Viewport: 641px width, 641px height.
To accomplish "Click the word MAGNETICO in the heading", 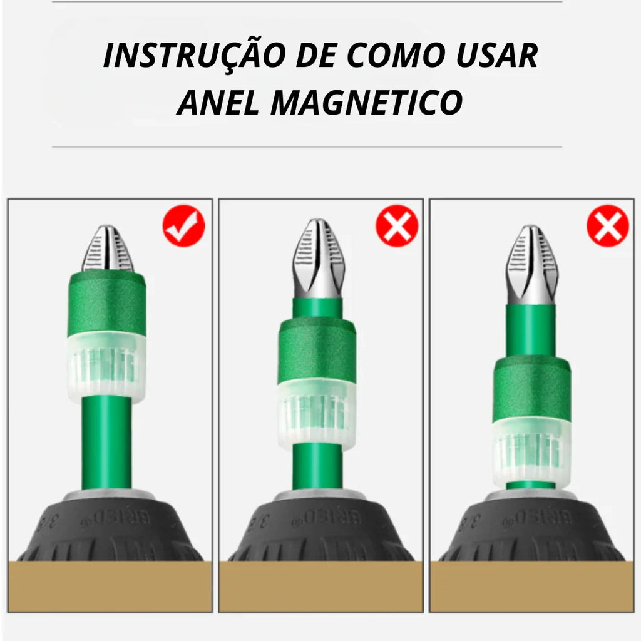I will pyautogui.click(x=367, y=103).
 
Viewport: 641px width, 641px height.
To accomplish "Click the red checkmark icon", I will pyautogui.click(x=184, y=225).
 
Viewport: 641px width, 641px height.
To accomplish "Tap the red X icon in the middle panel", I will pyautogui.click(x=397, y=225).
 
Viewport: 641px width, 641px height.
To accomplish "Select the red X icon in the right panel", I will pyautogui.click(x=608, y=225).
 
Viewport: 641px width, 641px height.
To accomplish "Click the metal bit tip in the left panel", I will pyautogui.click(x=108, y=249).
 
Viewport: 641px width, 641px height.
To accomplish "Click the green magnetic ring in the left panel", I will pyautogui.click(x=107, y=303).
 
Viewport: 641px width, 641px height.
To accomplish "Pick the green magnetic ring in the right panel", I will pyautogui.click(x=531, y=389).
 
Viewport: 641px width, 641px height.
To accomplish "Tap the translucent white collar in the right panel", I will pyautogui.click(x=531, y=452).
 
